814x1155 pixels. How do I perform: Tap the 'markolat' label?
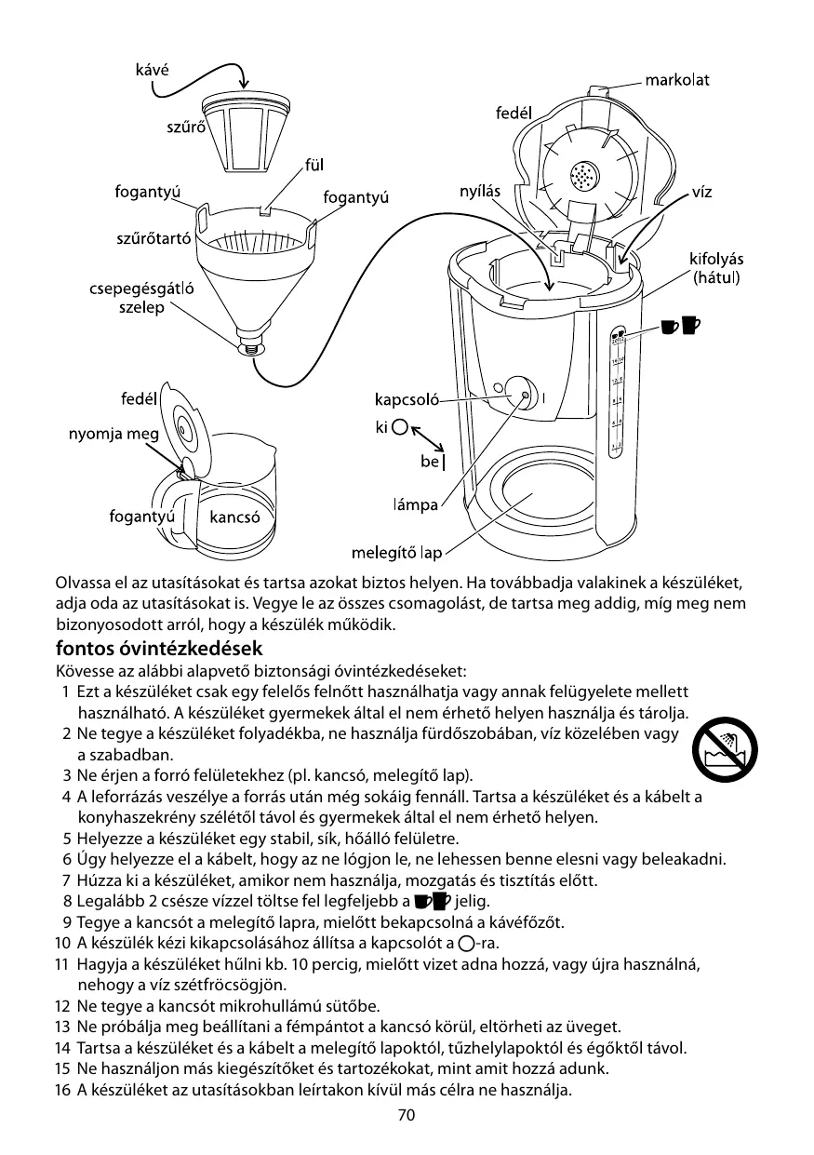coord(678,80)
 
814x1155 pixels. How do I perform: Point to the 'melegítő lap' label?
coord(395,554)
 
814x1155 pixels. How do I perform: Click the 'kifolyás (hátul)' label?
coord(714,267)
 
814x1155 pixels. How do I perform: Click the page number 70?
coord(406,1116)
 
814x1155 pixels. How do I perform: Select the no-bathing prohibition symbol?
coord(730,749)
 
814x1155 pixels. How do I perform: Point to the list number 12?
coord(62,1006)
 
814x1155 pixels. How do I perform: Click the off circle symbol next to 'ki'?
coord(399,428)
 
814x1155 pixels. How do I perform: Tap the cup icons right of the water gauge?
coord(679,325)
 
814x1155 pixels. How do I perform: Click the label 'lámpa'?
coord(414,505)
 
